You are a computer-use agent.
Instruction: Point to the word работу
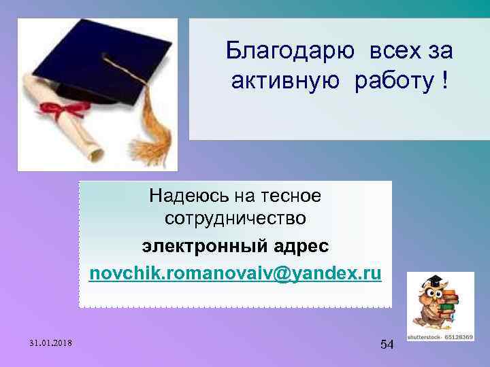391,82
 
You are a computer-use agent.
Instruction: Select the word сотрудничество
235,220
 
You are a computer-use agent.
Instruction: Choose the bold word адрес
300,244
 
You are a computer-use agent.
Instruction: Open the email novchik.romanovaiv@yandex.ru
235,274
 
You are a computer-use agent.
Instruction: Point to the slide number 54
387,345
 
